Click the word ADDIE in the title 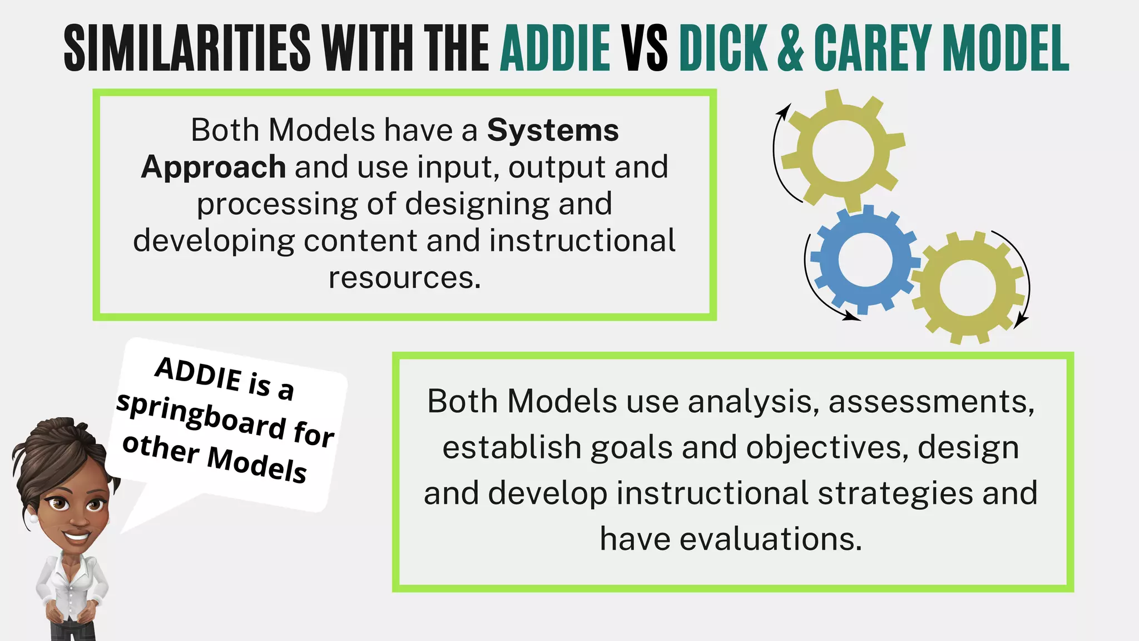[555, 48]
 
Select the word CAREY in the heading [872, 48]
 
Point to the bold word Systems [553, 131]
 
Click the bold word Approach [214, 167]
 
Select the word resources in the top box [404, 278]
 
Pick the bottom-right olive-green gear [968, 288]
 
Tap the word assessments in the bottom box [931, 402]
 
